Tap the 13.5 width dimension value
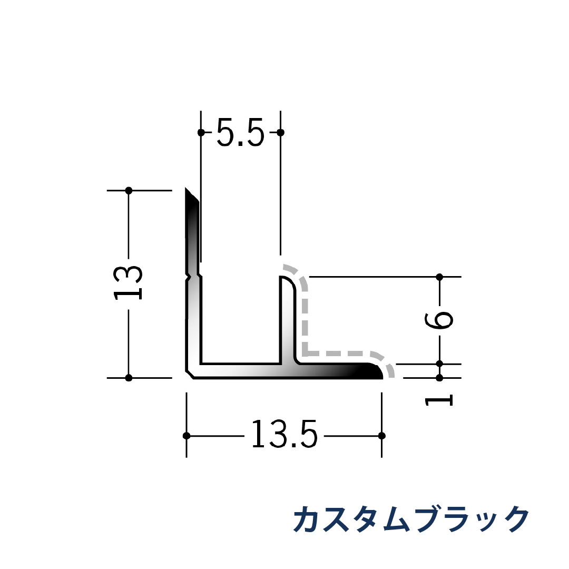(x=284, y=435)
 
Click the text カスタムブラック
(x=410, y=519)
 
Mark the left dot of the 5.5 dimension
(x=201, y=132)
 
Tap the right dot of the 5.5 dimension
(x=280, y=132)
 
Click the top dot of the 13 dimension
(x=129, y=190)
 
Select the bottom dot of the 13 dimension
(x=129, y=377)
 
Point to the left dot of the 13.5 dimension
(x=186, y=436)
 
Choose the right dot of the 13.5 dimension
(x=382, y=436)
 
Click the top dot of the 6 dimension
(x=439, y=277)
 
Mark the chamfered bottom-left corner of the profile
(x=190, y=374)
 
